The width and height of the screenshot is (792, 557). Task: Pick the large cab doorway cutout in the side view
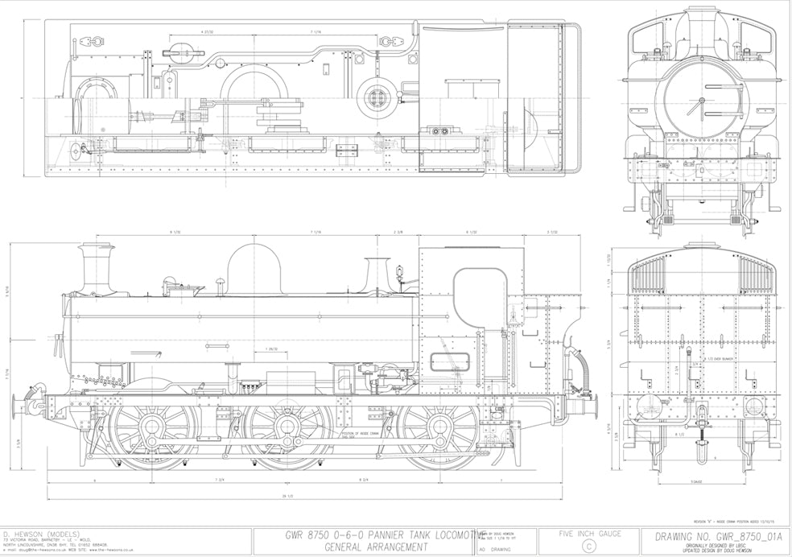coord(481,298)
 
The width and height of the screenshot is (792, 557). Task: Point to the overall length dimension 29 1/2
coord(287,495)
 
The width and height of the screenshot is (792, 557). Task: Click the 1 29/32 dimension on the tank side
coord(271,349)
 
